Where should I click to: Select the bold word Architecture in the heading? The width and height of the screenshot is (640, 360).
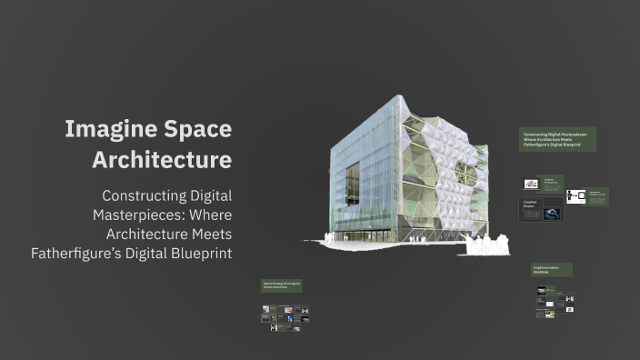click(x=162, y=160)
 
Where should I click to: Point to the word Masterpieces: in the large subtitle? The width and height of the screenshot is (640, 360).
click(x=139, y=215)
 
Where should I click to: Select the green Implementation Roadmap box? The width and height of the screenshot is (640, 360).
click(x=552, y=269)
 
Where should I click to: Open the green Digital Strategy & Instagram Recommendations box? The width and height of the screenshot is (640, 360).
click(x=282, y=285)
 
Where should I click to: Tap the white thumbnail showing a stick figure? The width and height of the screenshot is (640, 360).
click(x=575, y=195)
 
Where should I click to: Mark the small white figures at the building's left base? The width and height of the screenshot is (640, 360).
click(x=344, y=238)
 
